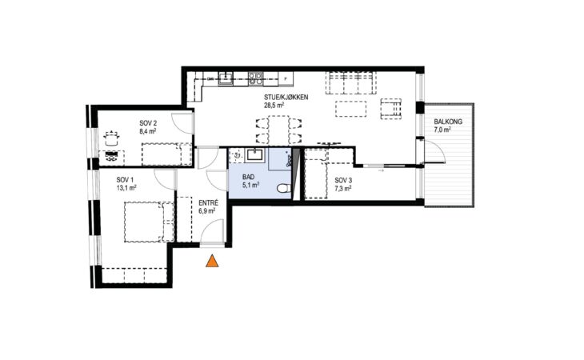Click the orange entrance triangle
[212, 262]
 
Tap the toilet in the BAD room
[284, 188]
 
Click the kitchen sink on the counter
[226, 78]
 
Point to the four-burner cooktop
[255, 79]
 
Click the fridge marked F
[286, 79]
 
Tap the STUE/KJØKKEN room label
[286, 98]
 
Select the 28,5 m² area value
[274, 106]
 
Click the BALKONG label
[448, 122]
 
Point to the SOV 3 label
[343, 181]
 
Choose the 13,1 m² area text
[126, 188]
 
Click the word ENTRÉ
[208, 203]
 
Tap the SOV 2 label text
[148, 123]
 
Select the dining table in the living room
[278, 130]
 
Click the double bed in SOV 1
[149, 222]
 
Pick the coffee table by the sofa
[351, 109]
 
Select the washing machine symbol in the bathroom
[236, 156]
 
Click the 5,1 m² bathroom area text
[250, 185]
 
